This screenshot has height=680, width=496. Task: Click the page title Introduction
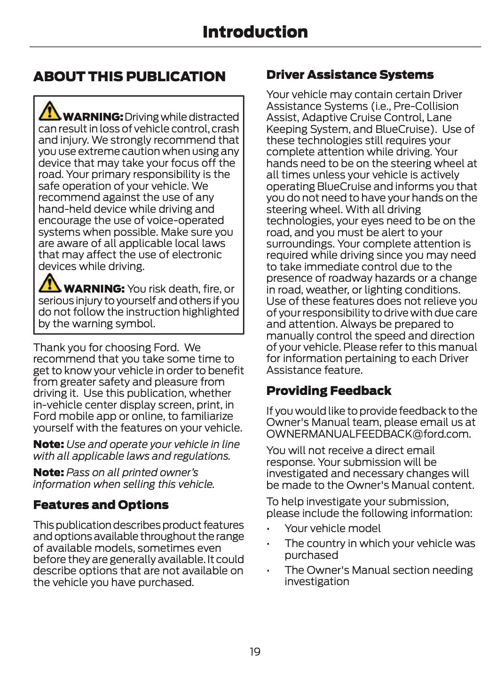click(255, 32)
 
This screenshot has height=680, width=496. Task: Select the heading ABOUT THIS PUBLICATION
click(129, 77)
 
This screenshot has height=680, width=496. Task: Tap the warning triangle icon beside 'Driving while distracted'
click(49, 111)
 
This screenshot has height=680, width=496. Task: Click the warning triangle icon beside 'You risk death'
click(49, 283)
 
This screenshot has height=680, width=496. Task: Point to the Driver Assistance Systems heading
click(350, 75)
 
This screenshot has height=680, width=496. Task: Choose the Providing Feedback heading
click(329, 391)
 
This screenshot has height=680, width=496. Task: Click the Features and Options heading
click(101, 505)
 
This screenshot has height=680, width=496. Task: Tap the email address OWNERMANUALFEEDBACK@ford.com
click(369, 434)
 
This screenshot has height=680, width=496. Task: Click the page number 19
click(255, 651)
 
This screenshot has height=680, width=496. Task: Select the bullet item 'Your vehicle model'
click(332, 528)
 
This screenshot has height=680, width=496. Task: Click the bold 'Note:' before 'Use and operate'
click(48, 444)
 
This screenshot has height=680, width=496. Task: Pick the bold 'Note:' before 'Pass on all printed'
click(48, 472)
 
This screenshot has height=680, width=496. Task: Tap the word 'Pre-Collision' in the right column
click(426, 106)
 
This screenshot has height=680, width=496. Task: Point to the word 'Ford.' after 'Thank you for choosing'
click(166, 348)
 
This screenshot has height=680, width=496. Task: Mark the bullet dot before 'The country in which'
click(268, 544)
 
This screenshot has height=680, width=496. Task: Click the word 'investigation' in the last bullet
click(316, 581)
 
